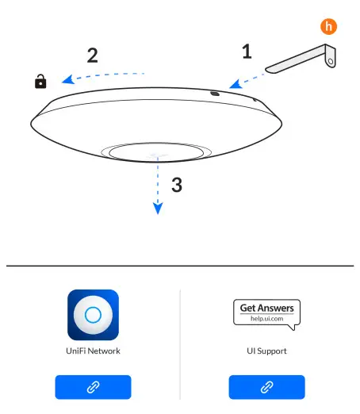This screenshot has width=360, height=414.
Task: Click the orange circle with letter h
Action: point(328,25)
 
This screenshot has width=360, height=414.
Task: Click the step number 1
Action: point(247,52)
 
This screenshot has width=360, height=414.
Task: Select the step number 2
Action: point(93,56)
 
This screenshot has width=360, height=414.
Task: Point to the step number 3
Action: point(177,186)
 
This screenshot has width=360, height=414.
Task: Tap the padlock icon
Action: point(40,81)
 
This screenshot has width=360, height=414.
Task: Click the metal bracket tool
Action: point(302,61)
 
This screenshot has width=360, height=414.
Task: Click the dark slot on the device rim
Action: point(215,93)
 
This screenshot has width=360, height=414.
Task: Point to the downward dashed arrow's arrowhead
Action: point(158,209)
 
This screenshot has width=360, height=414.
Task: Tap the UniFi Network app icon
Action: point(94,315)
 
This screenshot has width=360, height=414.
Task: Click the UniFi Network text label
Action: point(94,351)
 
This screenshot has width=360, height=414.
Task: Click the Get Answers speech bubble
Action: point(266,312)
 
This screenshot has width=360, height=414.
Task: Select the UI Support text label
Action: point(266,351)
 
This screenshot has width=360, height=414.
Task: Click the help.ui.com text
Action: point(266,319)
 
